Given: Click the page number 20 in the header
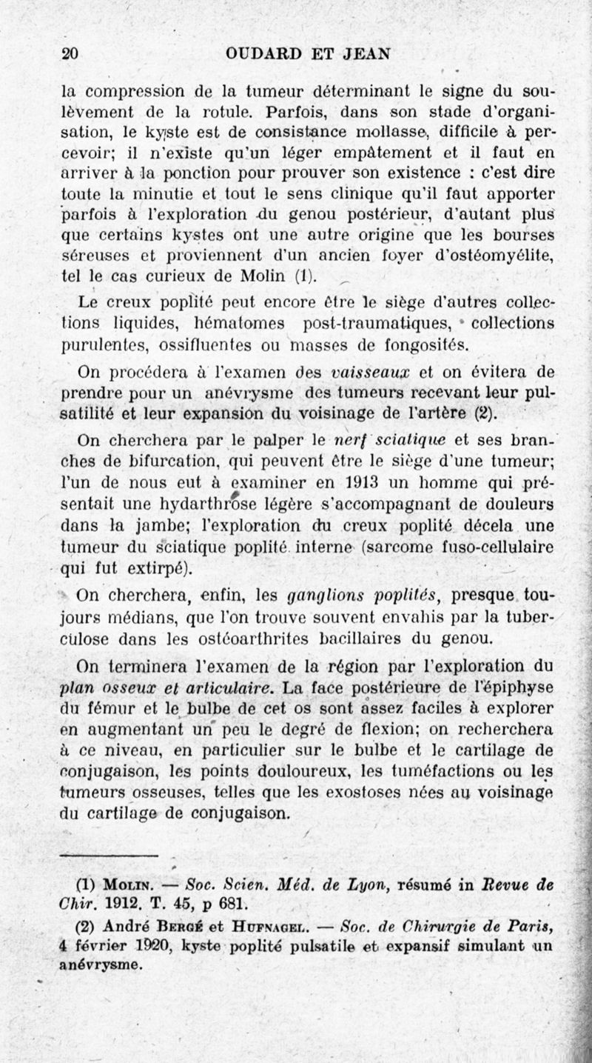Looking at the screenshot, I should pos(71,53).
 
